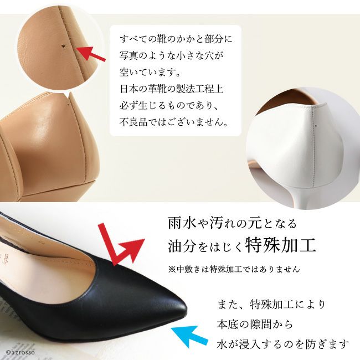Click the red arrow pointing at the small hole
(x=90, y=53)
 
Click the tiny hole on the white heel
(x=316, y=126)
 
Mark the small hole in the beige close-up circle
(x=63, y=47)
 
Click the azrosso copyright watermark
(x=18, y=352)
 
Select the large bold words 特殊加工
(x=281, y=245)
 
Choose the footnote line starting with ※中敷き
(x=234, y=269)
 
